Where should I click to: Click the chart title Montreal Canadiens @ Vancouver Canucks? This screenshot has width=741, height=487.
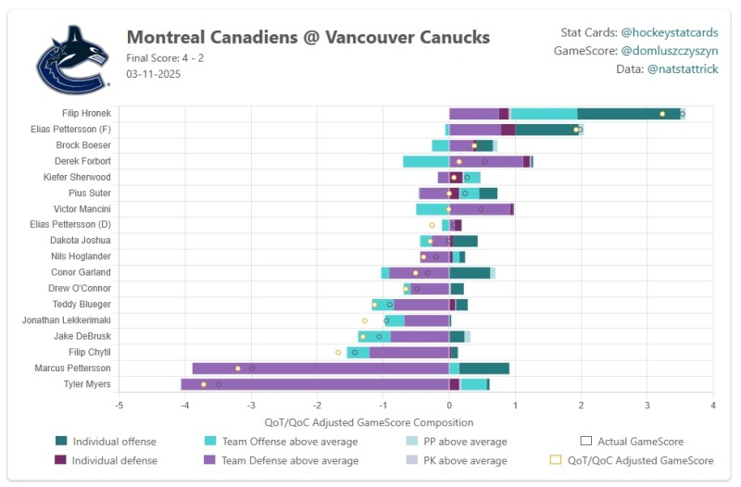pyautogui.click(x=308, y=37)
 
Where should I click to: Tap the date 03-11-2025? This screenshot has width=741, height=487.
pyautogui.click(x=153, y=73)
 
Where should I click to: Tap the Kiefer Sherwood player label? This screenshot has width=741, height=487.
pyautogui.click(x=78, y=177)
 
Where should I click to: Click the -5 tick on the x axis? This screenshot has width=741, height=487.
pyautogui.click(x=119, y=406)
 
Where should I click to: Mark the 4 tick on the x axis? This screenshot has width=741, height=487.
pyautogui.click(x=713, y=406)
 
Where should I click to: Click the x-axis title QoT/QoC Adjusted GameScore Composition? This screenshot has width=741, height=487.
pyautogui.click(x=415, y=422)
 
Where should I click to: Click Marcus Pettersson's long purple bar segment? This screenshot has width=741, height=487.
pyautogui.click(x=320, y=368)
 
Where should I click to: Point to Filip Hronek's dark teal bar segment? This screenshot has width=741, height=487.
pyautogui.click(x=629, y=114)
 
